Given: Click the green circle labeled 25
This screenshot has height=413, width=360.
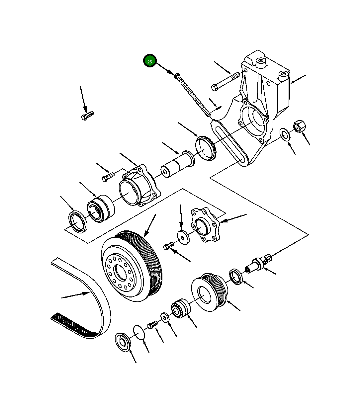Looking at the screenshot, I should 150,61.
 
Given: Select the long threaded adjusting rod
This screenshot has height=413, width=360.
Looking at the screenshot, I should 193,95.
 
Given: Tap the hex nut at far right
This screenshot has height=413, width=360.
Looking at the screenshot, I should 299,126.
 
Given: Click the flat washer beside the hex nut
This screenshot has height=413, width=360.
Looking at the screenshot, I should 285,133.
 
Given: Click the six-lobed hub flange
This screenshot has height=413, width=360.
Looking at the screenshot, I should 205,225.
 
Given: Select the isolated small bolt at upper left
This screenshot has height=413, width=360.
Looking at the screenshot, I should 87,116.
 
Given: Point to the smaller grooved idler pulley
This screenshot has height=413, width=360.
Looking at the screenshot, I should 209,292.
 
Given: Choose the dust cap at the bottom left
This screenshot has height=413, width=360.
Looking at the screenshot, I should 123,342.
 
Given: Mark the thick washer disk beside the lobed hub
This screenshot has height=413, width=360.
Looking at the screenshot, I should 183,237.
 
